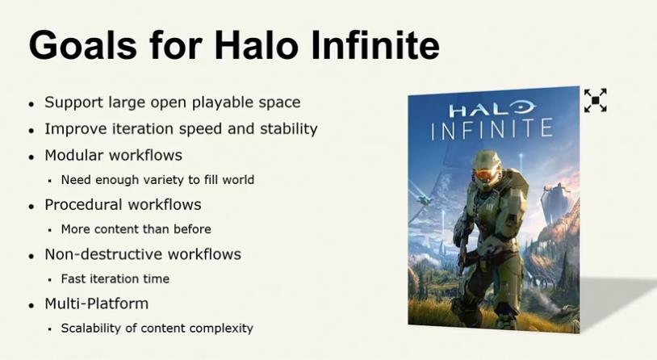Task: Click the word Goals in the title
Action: (83, 44)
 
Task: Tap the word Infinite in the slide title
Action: (375, 44)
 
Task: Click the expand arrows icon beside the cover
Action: (596, 100)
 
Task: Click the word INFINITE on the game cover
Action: (492, 128)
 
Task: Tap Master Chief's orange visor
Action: (486, 174)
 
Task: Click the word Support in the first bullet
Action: (73, 103)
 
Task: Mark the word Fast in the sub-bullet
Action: (72, 278)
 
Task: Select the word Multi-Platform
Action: (97, 303)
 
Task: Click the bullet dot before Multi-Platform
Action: (31, 306)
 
